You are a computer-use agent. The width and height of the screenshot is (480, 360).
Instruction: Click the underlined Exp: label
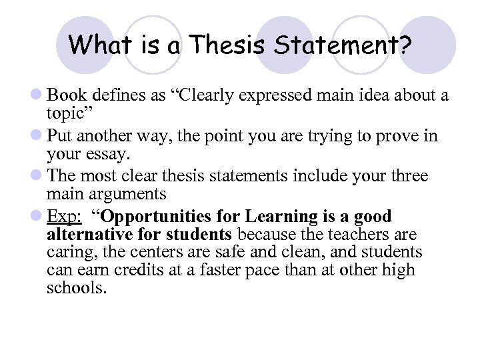click(x=64, y=217)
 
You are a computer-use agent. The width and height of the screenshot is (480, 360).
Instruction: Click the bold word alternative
click(x=89, y=235)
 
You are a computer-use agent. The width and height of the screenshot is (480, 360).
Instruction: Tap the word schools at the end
click(x=75, y=287)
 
